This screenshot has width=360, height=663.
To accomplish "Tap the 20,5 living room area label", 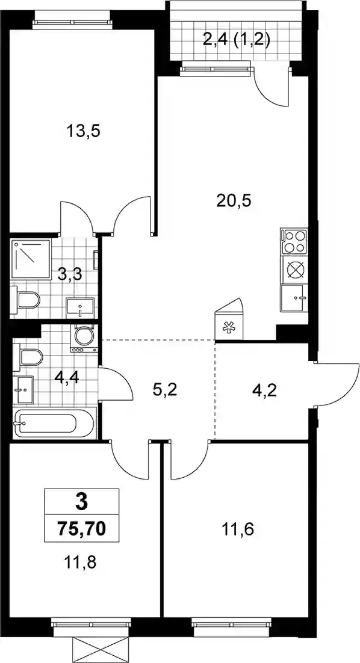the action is (234, 200).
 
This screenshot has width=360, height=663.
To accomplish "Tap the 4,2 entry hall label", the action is (264, 388).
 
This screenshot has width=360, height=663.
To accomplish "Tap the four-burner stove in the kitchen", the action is (293, 241).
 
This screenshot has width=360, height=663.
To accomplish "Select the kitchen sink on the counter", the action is (294, 298).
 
